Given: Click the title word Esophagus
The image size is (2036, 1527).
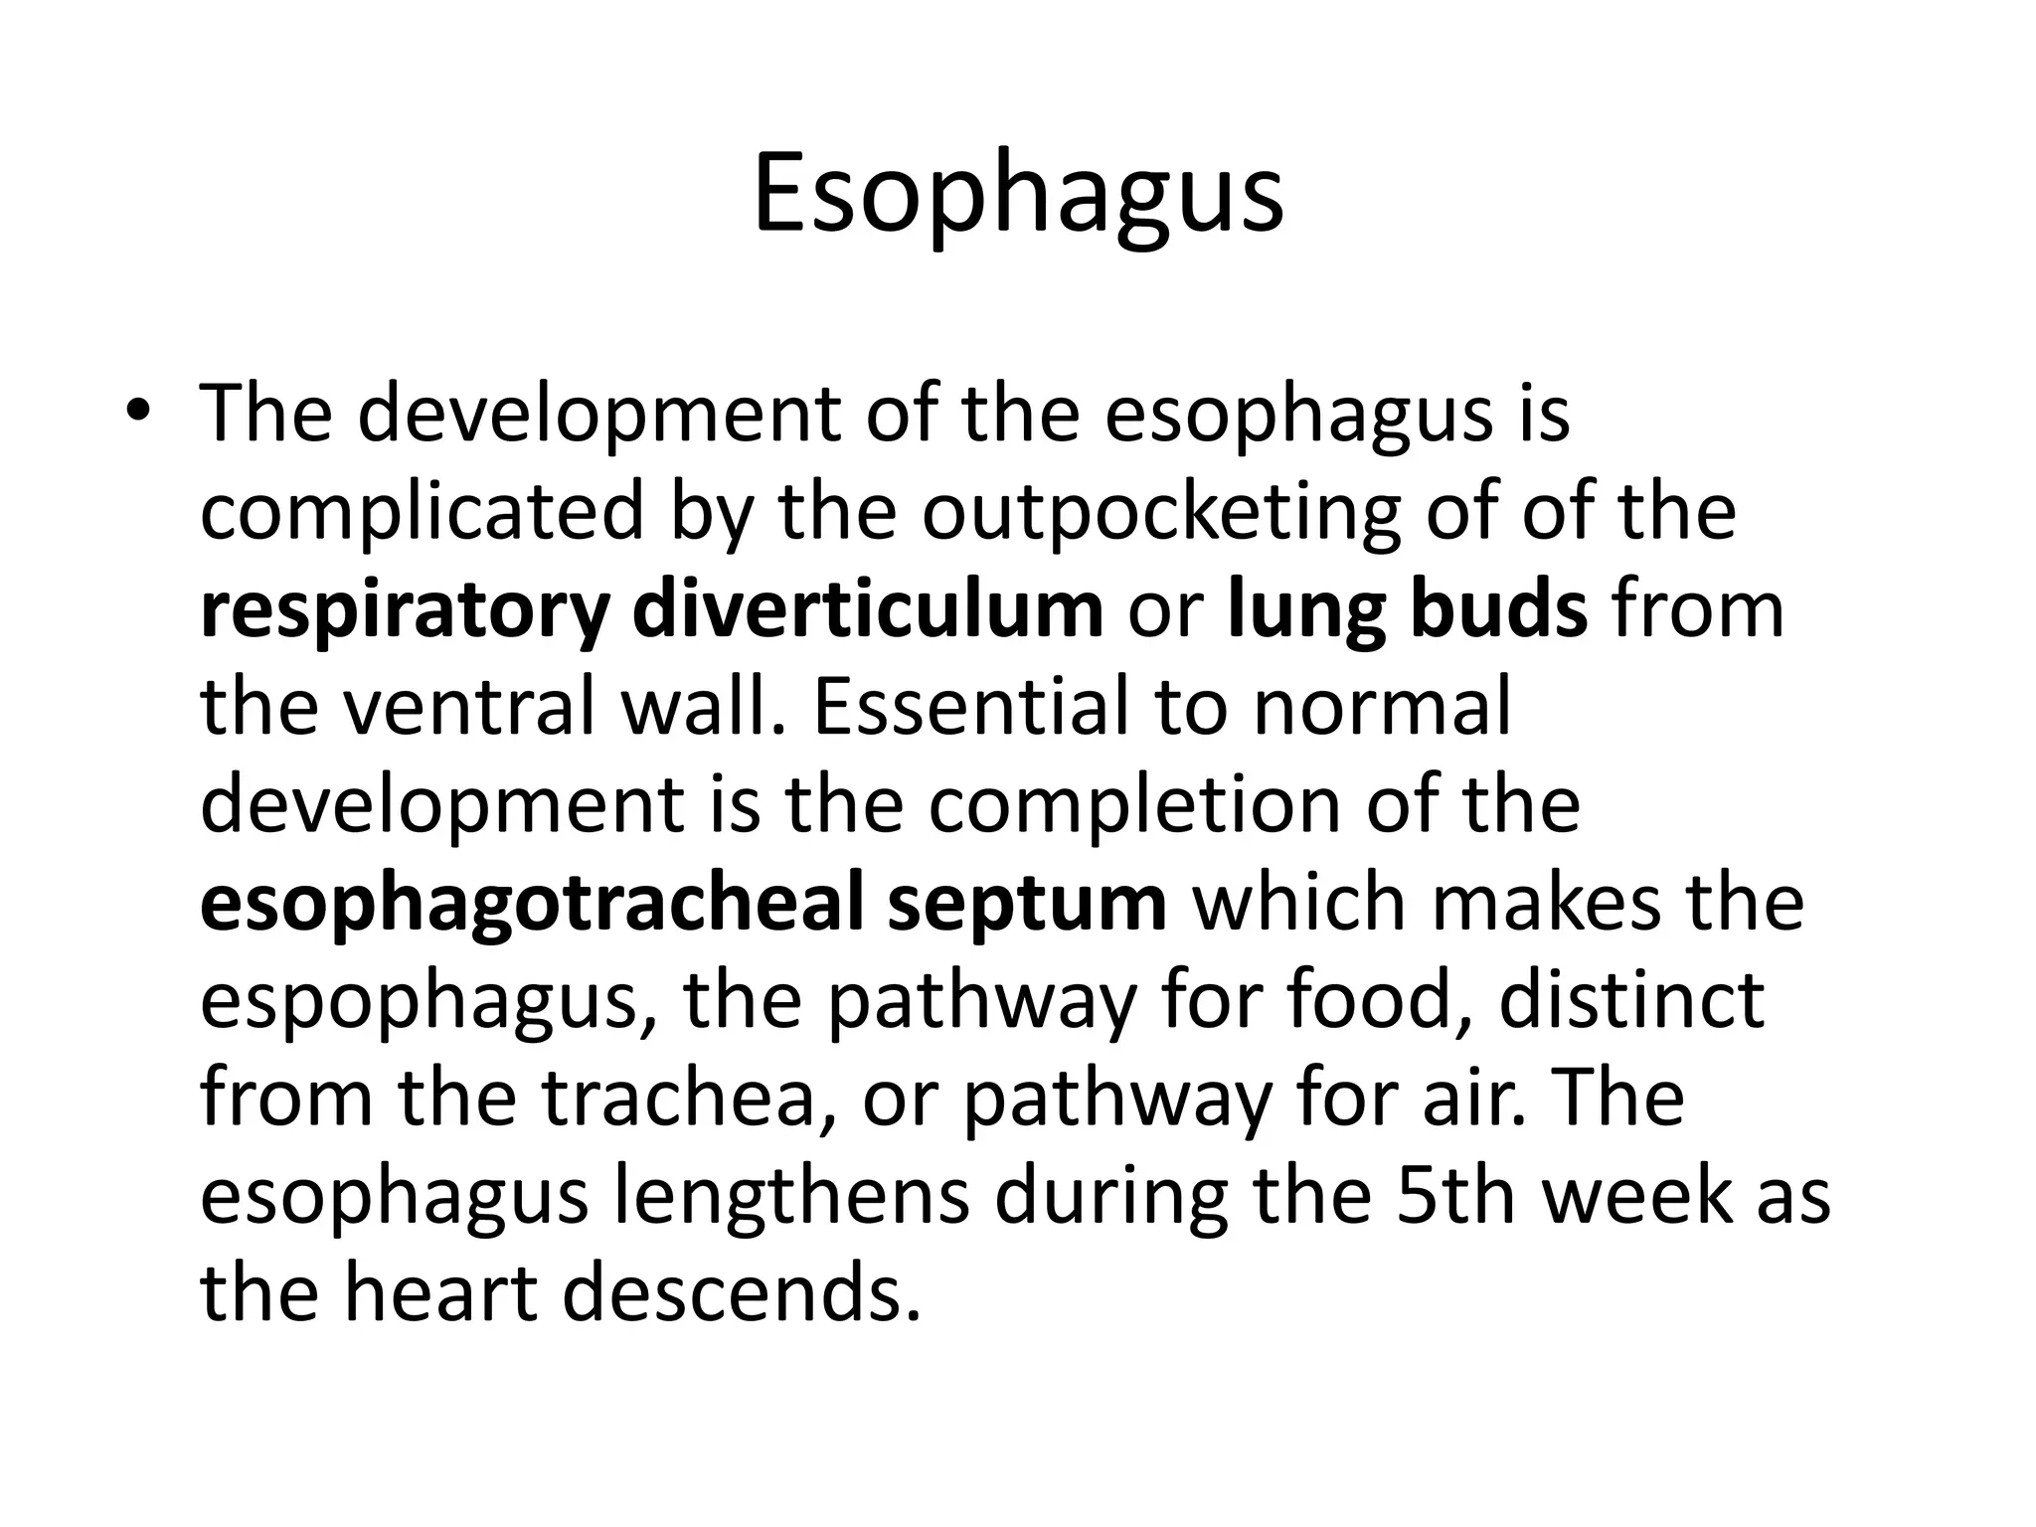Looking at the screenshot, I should [1017, 195].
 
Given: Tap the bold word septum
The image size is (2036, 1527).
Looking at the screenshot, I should [1027, 904].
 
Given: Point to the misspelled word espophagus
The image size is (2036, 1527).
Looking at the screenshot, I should [427, 1001].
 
